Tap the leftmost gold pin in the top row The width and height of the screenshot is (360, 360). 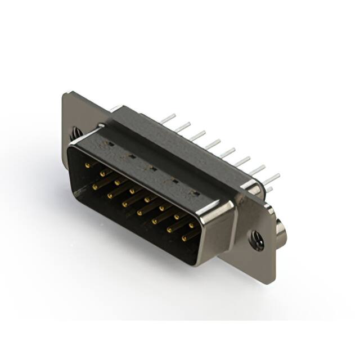click(x=88, y=165)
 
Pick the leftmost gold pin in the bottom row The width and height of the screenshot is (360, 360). click(x=96, y=185)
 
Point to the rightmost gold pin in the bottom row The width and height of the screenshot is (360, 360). click(x=186, y=238)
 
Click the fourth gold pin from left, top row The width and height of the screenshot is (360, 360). click(x=133, y=191)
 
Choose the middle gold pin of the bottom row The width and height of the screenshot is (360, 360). click(x=141, y=212)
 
